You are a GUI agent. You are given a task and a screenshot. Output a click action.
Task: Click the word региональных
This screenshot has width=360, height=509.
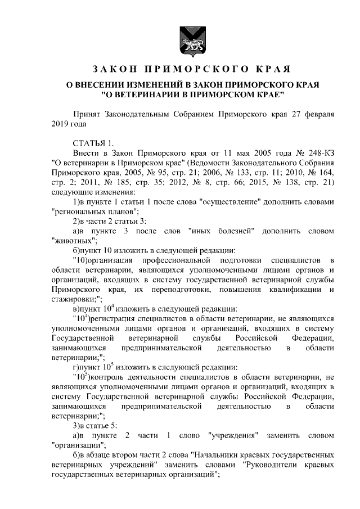(x=73, y=212)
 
